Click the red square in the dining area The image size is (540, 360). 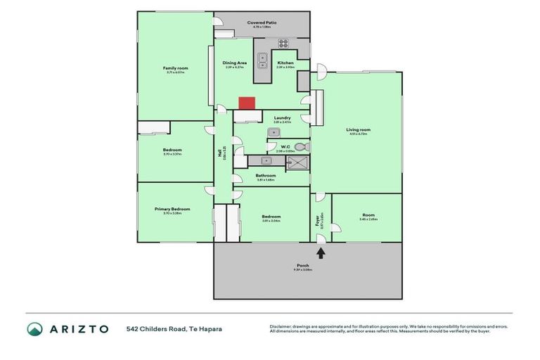[246, 103]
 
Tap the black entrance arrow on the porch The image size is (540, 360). [321, 252]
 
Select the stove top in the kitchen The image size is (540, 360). [283, 44]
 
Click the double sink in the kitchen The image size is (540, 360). [262, 61]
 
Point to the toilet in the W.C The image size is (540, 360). [300, 147]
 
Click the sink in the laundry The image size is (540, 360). [274, 132]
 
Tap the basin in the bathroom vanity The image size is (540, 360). [257, 161]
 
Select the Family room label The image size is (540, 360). [175, 67]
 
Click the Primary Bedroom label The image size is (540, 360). [172, 208]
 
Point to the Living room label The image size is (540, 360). [358, 129]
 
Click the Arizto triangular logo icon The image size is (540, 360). [34, 329]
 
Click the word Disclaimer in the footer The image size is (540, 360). [281, 326]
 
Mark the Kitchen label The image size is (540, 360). [285, 63]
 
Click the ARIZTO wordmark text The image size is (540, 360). [79, 329]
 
